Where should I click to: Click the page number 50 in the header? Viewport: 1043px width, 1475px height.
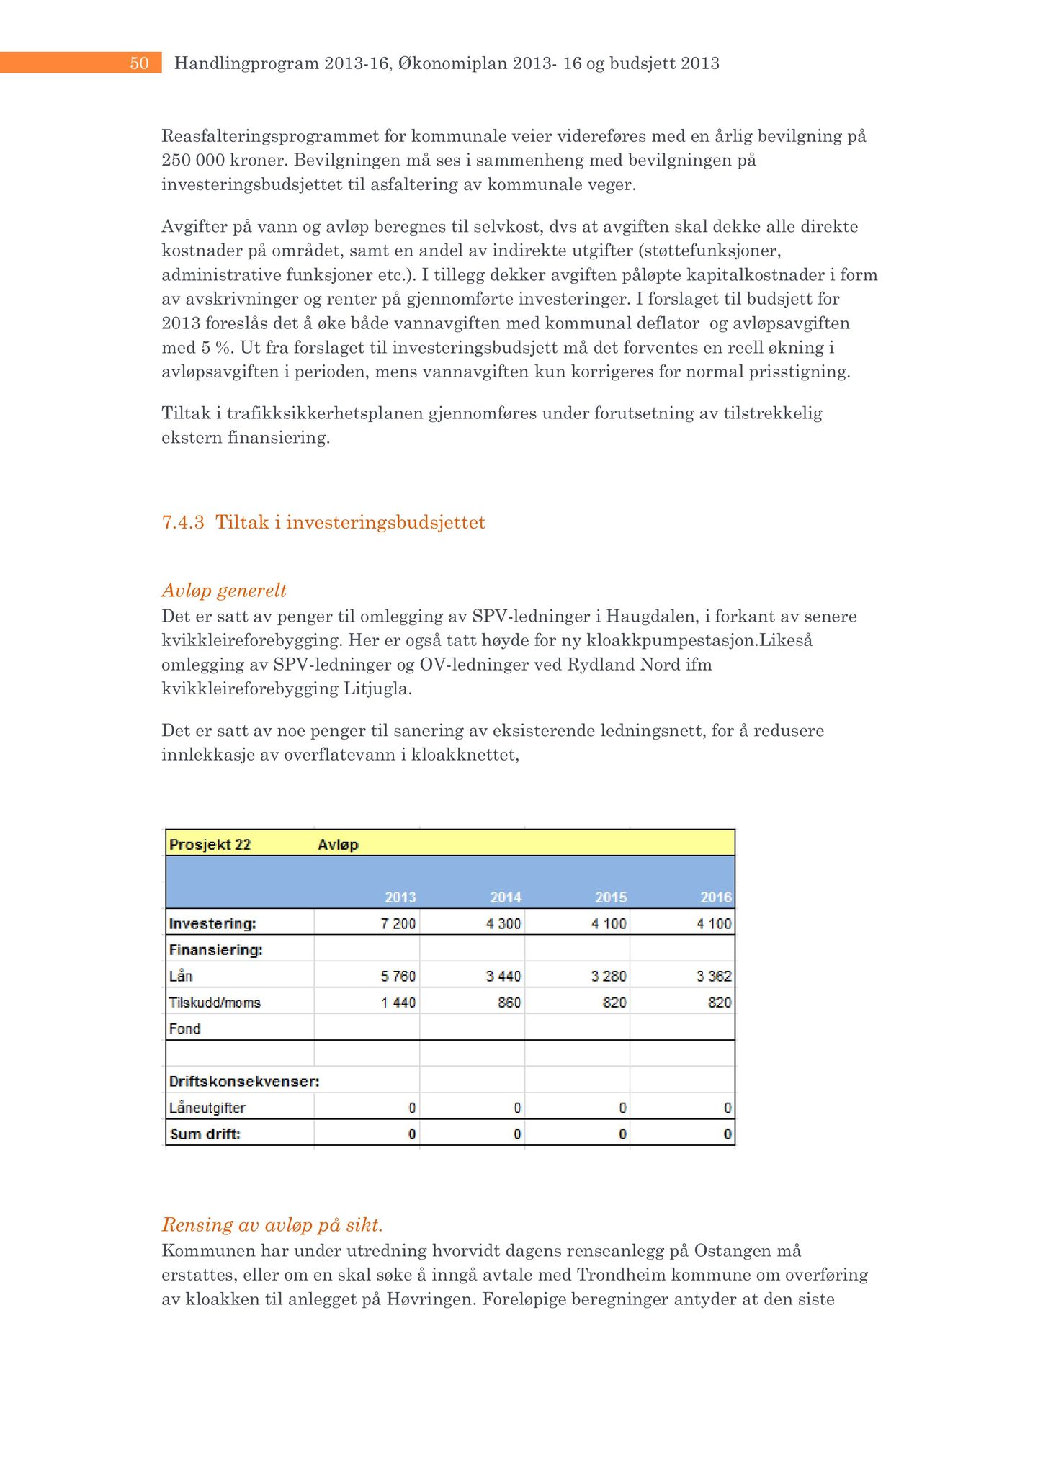tap(139, 63)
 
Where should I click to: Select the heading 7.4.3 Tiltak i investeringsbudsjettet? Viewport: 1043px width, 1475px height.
tap(323, 522)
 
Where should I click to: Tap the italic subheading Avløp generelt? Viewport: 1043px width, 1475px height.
tap(224, 591)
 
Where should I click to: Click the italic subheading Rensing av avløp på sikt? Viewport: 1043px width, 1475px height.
tap(272, 1224)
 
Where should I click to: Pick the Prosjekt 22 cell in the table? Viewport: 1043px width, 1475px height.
tap(210, 845)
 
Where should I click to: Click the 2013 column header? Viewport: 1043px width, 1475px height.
tap(400, 897)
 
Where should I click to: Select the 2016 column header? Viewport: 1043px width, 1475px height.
tap(715, 897)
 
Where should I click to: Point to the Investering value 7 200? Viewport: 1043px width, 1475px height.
tap(398, 924)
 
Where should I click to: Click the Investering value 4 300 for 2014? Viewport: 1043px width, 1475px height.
tap(503, 924)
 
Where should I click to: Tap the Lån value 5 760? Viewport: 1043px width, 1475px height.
tap(398, 977)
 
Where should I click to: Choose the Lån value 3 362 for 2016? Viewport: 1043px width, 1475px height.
tap(714, 977)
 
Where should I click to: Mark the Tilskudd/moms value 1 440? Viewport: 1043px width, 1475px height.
tap(398, 1003)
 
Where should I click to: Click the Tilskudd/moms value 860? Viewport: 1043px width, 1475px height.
tap(509, 1003)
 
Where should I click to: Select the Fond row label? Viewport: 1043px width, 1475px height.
tap(184, 1029)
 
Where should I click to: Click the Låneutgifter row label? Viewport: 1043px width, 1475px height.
tap(207, 1108)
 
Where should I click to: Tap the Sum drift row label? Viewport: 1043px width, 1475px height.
tap(205, 1134)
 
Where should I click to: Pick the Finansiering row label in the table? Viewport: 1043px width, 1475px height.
tap(215, 950)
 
